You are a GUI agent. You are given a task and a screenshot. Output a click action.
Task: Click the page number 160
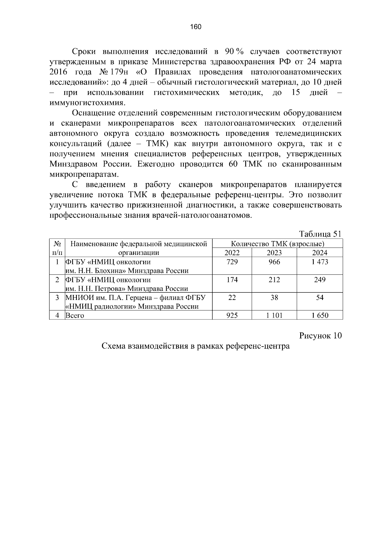tap(196, 27)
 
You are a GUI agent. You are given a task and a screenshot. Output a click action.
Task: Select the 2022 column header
tap(232, 253)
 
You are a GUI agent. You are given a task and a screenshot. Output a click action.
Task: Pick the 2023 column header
tap(274, 253)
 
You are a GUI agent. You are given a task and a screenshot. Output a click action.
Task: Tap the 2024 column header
tap(320, 253)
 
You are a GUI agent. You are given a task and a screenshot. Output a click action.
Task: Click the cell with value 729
tap(232, 262)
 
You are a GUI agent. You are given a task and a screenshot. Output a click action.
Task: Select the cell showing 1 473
tap(320, 262)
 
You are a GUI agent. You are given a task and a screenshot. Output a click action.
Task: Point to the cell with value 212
tap(274, 280)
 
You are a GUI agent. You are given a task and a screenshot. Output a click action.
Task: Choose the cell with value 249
tap(320, 280)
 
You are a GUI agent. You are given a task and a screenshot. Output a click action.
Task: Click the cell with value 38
tap(274, 298)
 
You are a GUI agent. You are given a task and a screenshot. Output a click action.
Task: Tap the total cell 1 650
tap(320, 315)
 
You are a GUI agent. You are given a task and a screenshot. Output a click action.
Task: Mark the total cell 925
tap(232, 315)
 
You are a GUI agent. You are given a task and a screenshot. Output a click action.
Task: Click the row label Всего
tap(75, 315)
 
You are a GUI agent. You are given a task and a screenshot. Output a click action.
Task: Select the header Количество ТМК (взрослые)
tap(278, 244)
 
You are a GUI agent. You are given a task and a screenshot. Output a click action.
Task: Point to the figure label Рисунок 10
tap(320, 336)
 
